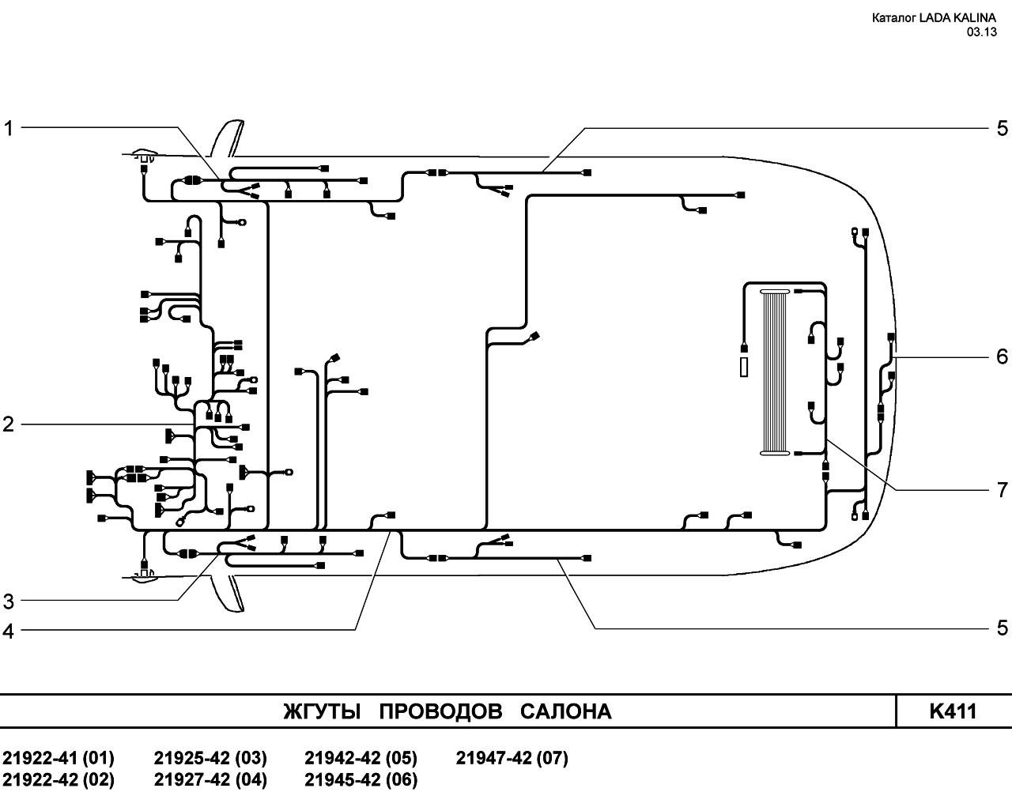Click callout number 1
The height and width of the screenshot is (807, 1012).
(x=9, y=128)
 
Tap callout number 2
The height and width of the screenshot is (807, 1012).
(x=9, y=424)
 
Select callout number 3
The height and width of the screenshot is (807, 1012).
(x=9, y=601)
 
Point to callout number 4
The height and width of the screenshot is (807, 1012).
(x=9, y=632)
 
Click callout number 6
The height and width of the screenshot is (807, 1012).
(x=1003, y=357)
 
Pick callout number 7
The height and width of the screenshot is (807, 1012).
(x=1003, y=490)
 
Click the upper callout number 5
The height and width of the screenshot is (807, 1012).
(x=1003, y=128)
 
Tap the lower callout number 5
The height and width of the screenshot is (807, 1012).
(x=1003, y=628)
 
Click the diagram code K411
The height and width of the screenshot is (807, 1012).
(x=953, y=711)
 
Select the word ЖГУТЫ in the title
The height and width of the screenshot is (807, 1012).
(x=322, y=712)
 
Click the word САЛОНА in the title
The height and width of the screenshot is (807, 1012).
(x=566, y=712)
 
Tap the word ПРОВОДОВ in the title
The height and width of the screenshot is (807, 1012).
(x=440, y=712)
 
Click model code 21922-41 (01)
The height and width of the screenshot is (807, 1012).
(x=59, y=758)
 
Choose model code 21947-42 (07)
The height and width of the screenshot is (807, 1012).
(x=512, y=758)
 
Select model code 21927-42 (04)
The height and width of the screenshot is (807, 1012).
(x=210, y=779)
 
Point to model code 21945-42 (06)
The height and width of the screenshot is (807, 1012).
(x=361, y=779)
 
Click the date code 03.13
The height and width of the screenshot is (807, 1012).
(x=981, y=32)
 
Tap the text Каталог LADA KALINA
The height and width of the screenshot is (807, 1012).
(x=934, y=18)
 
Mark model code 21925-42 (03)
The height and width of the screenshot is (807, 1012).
(x=210, y=758)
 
